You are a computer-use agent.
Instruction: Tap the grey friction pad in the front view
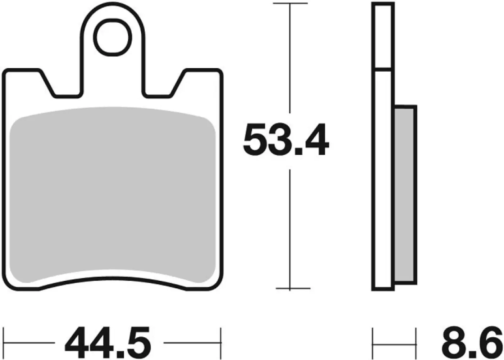[x=112, y=194]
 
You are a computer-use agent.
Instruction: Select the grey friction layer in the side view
[x=405, y=194]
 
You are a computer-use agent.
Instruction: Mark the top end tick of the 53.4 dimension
[x=290, y=3]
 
